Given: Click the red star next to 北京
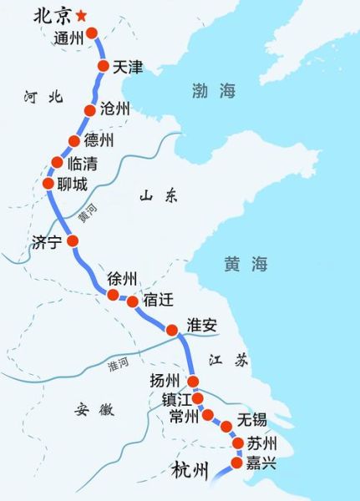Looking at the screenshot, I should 81,16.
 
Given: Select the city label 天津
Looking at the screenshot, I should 127,66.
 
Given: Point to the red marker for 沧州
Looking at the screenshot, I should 91,110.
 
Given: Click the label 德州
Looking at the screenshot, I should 99,140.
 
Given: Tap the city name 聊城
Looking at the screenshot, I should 72,185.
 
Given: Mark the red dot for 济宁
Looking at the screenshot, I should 73,241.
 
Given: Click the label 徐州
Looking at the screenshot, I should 122,279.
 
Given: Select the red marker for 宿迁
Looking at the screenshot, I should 132,302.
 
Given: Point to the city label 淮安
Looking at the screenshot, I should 202,326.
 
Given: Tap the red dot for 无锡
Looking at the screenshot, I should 226,426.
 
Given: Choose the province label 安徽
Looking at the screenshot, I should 93,409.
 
